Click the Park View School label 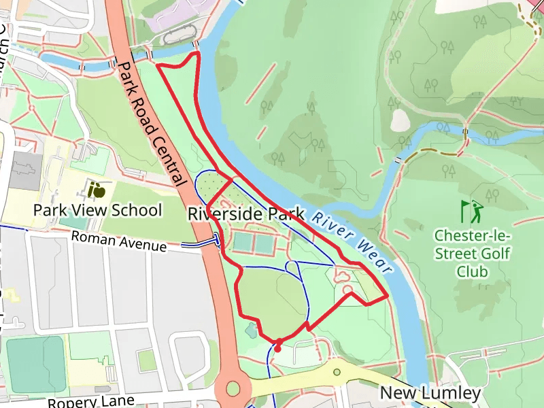point(97,210)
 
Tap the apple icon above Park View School point(98,188)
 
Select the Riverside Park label point(245,214)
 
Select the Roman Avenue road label point(118,241)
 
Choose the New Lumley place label point(430,393)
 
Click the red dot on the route point(277,349)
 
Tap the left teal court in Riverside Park point(243,241)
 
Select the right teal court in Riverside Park point(265,242)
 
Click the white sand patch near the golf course point(400,120)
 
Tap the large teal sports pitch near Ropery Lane point(35,364)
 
